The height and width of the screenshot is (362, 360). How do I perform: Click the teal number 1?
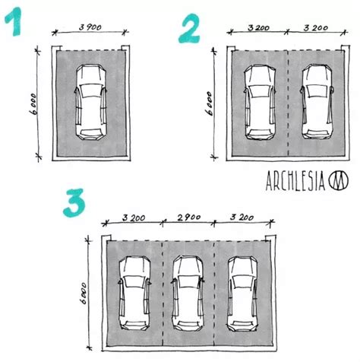(14, 21)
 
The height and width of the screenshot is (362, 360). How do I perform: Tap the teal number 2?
(189, 28)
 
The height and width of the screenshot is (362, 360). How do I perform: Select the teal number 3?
(74, 202)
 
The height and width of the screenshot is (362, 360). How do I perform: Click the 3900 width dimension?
(90, 27)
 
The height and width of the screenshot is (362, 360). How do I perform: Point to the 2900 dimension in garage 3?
(189, 218)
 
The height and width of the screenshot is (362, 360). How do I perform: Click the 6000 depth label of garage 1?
(33, 104)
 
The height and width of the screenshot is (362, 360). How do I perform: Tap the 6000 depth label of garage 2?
(210, 103)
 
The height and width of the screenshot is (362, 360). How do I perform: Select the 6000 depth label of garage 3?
(83, 294)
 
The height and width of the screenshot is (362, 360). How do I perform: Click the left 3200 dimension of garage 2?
(258, 27)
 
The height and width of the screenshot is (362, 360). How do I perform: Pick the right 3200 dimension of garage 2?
(316, 27)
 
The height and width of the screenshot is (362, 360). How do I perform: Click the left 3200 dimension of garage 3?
(134, 218)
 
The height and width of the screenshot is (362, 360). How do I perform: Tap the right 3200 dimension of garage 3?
(242, 218)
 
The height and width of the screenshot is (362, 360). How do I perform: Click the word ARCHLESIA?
(295, 180)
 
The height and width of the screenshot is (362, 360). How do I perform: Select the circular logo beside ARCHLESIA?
(339, 180)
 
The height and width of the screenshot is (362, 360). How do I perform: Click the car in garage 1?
(90, 102)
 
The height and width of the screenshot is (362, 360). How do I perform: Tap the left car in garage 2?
(260, 103)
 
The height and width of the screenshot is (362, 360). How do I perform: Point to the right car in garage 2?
(317, 102)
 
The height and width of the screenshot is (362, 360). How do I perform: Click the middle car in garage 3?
(188, 294)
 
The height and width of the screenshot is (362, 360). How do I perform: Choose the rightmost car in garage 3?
(242, 294)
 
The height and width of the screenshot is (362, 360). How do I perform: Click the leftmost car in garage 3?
(134, 294)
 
